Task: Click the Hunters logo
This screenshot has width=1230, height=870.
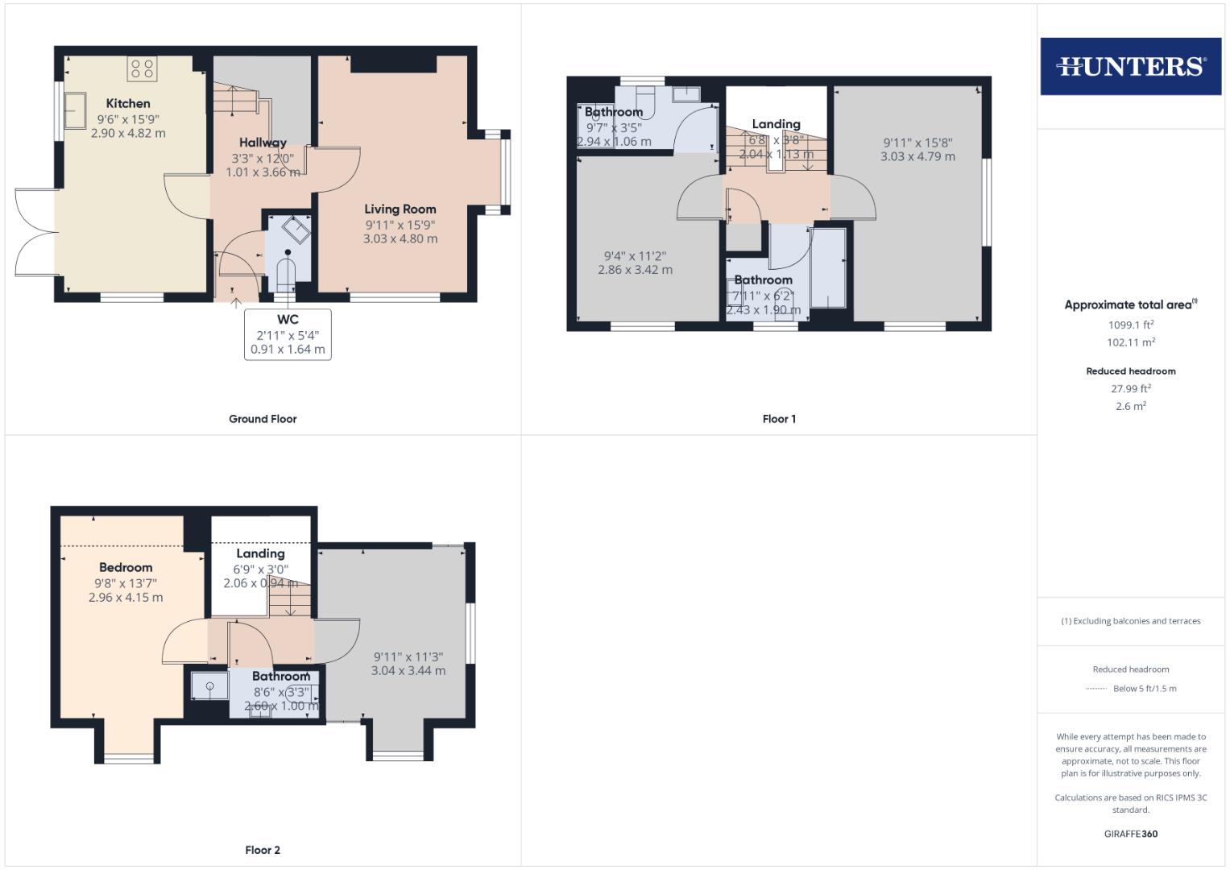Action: (1130, 66)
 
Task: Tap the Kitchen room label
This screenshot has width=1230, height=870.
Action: (128, 103)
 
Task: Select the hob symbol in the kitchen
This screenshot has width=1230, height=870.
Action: (143, 68)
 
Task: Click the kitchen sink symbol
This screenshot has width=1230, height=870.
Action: (76, 110)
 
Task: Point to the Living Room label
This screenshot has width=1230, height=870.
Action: (400, 209)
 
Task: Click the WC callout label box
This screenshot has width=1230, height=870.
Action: (288, 334)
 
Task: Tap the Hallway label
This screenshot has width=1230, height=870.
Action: (263, 143)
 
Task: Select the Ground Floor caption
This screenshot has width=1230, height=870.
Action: (263, 419)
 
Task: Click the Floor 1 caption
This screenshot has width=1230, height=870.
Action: (779, 419)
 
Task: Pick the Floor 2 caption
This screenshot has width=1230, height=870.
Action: (263, 850)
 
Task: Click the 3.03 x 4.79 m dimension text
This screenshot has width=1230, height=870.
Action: (917, 156)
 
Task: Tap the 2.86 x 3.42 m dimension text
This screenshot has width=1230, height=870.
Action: (635, 270)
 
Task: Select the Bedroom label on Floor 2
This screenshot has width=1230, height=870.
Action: (126, 567)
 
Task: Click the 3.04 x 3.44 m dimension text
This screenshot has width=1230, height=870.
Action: (408, 670)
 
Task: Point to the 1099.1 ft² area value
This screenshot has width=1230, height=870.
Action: (1130, 325)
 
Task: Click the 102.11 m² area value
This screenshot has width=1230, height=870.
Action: (1130, 342)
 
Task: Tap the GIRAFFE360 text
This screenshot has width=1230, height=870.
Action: (1130, 834)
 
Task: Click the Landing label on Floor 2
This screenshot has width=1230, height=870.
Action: (260, 553)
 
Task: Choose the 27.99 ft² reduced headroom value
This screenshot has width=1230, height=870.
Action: (1130, 388)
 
